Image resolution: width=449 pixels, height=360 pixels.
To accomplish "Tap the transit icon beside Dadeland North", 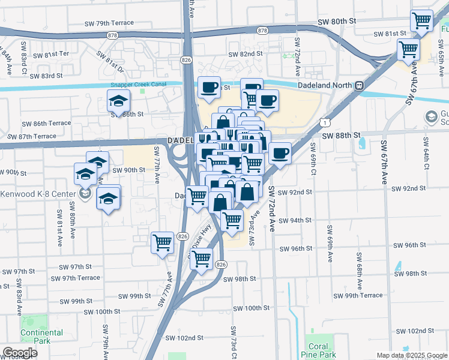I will click(x=359, y=86).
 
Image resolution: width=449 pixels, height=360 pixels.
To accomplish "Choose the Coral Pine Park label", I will click(x=318, y=350).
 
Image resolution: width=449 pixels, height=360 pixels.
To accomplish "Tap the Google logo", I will click(x=20, y=353).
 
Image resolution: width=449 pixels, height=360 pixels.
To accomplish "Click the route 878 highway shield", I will click(x=262, y=30).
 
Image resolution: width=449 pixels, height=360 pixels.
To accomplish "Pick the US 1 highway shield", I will click(x=325, y=122).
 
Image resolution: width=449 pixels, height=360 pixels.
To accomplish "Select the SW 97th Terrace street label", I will click(x=75, y=278).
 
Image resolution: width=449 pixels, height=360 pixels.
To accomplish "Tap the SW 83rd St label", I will click(x=46, y=76).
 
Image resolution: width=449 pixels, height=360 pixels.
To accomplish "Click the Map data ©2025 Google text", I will click(x=412, y=355).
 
